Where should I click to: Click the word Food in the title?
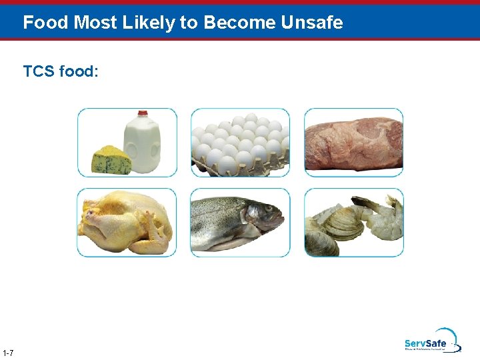[46, 23]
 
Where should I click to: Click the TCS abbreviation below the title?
[39, 71]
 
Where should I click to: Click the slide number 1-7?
[9, 352]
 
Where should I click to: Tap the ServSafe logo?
[430, 342]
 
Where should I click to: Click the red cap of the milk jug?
[142, 115]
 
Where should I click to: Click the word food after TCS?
[79, 71]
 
